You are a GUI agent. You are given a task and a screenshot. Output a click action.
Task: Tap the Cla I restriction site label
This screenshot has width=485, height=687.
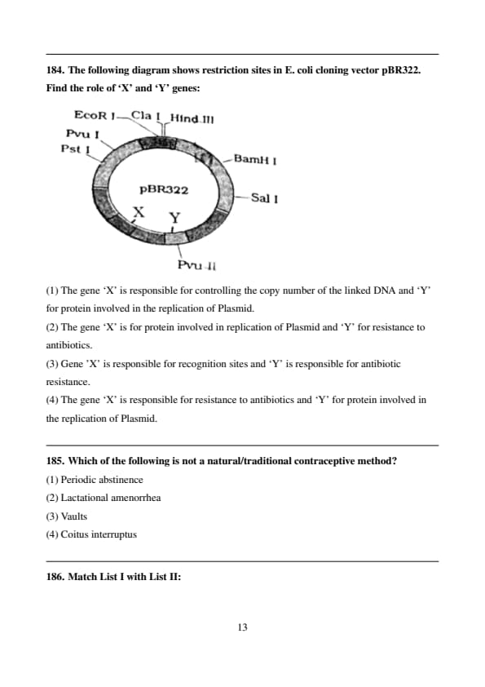[145, 116]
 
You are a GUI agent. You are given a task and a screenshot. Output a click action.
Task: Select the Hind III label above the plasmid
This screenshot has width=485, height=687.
[192, 119]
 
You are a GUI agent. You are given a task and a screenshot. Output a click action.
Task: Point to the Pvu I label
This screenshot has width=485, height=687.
[82, 134]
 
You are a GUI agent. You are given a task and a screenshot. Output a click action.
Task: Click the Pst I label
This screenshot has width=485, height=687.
[75, 149]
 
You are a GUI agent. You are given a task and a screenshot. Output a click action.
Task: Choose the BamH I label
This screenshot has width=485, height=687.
[255, 159]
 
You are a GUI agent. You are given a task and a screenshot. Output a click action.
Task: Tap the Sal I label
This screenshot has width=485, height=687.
[264, 198]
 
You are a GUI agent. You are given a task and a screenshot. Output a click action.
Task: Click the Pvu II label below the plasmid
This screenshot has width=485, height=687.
[196, 265]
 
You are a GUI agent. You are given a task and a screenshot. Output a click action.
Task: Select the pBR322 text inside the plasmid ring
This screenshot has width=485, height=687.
[164, 190]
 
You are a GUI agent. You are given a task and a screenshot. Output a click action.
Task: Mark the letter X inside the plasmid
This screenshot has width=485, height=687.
[139, 212]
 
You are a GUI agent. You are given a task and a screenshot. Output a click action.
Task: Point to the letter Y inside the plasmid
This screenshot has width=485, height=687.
[174, 218]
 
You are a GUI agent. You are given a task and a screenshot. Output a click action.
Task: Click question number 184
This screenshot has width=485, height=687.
[55, 70]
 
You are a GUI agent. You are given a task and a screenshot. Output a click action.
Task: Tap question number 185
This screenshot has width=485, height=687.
[55, 461]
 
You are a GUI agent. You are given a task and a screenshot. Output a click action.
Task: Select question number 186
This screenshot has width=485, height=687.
[55, 577]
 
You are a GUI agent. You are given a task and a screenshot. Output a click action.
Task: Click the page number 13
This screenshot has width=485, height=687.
[242, 627]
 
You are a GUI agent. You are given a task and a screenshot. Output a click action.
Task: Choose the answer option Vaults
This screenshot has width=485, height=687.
[74, 516]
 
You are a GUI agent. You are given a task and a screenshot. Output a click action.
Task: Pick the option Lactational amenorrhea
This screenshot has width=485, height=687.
[111, 498]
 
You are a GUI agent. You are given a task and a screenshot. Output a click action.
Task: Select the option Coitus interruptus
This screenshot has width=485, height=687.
[99, 534]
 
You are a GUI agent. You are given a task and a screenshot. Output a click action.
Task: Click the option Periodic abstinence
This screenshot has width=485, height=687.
[102, 480]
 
